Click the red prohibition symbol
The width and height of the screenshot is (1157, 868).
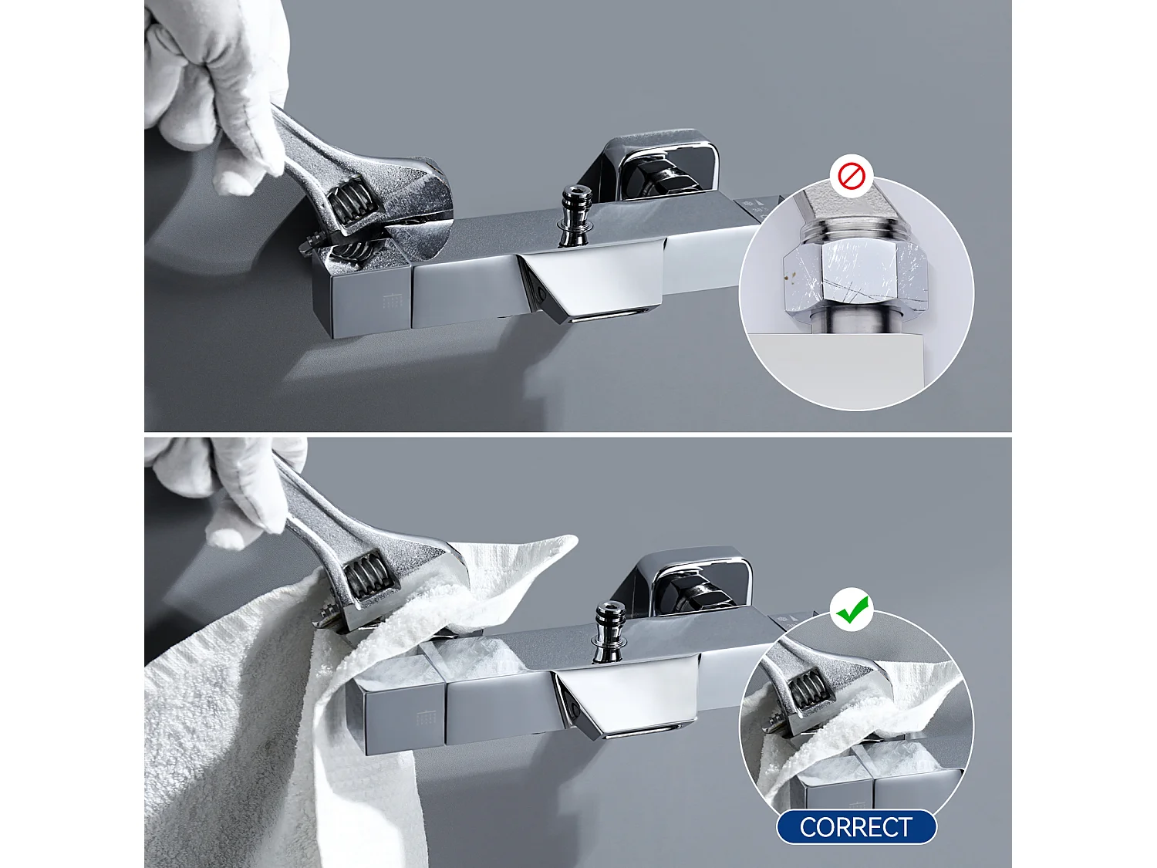(x=852, y=177)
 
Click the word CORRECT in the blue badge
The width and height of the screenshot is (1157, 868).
(x=856, y=827)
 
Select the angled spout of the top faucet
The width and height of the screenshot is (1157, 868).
(x=594, y=285)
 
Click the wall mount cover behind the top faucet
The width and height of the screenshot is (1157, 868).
(x=662, y=166)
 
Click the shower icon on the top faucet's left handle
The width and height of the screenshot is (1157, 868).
(x=392, y=301)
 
